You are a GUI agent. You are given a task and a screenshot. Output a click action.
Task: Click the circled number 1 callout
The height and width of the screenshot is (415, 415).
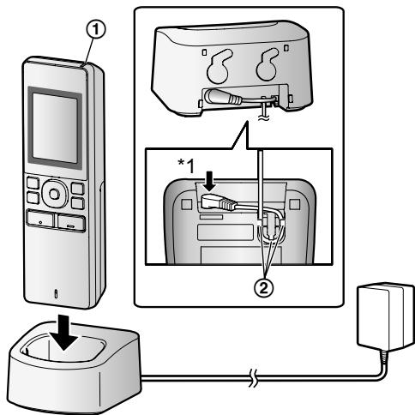96,30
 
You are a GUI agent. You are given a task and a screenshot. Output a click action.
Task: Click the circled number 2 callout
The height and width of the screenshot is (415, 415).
263,288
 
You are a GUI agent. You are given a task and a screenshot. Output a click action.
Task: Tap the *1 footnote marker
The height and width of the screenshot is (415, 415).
186,166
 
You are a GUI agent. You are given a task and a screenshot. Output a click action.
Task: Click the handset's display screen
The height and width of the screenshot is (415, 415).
55,129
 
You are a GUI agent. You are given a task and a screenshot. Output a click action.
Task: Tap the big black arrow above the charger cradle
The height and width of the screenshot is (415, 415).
64,332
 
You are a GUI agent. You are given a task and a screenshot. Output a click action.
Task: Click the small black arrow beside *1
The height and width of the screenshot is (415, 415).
210,181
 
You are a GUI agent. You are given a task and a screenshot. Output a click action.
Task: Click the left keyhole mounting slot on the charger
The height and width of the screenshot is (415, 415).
220,66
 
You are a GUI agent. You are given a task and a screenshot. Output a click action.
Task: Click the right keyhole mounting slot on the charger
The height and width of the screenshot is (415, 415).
268,64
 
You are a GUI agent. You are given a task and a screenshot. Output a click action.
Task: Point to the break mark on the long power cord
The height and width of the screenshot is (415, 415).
253,378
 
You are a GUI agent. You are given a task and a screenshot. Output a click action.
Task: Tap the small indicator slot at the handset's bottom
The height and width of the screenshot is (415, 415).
56,294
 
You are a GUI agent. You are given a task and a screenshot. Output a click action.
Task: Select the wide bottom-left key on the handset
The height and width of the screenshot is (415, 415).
40,220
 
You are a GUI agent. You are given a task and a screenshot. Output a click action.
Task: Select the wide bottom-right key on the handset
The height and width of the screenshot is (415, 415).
71,223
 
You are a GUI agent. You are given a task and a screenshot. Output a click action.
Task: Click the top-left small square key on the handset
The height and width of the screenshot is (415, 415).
33,183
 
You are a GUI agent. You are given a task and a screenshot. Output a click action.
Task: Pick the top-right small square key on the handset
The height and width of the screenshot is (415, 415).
78,189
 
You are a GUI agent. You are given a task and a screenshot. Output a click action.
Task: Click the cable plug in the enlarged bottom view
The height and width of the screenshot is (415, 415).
218,201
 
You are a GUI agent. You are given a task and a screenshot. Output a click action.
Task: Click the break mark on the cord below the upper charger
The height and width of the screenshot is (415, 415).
262,117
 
